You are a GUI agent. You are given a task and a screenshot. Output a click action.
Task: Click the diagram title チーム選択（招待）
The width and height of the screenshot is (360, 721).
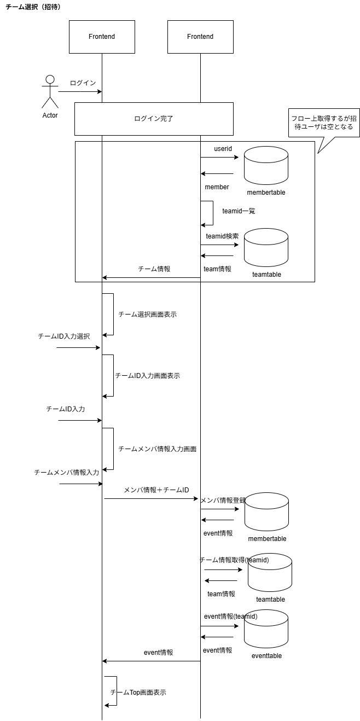(x=33, y=6)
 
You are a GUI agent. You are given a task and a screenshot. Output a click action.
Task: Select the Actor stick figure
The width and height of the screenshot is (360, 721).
(x=50, y=92)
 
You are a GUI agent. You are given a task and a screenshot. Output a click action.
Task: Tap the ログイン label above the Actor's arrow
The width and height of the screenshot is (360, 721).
(x=83, y=83)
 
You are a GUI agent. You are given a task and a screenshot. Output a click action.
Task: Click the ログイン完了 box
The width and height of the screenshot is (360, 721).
(x=154, y=118)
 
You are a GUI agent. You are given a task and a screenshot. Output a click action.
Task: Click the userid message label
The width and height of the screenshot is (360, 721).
(x=223, y=149)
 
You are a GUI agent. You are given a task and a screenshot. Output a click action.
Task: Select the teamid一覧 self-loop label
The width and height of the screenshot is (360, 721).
(x=239, y=211)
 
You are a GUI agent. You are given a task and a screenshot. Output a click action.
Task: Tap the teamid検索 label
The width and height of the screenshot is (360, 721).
(x=222, y=236)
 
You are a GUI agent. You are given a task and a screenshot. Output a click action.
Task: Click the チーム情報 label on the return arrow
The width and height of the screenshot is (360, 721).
(x=154, y=269)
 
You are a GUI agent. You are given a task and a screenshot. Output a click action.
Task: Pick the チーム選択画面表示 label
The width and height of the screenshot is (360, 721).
(x=147, y=315)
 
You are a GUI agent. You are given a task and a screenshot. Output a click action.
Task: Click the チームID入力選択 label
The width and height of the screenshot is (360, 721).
(x=63, y=336)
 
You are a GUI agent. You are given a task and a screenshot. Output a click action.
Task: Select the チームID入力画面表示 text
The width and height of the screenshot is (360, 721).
(x=147, y=376)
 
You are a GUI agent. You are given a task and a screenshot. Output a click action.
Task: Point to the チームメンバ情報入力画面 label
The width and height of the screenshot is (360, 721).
(x=157, y=449)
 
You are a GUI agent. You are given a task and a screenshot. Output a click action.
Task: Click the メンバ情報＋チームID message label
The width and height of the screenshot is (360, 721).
(x=156, y=490)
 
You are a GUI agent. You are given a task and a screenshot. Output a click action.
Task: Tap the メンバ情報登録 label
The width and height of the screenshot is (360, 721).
(x=223, y=501)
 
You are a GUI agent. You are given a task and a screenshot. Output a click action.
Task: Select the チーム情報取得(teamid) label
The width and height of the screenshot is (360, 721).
(x=234, y=560)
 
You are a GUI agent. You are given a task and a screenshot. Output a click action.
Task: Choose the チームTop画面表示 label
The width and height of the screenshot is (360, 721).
(x=138, y=692)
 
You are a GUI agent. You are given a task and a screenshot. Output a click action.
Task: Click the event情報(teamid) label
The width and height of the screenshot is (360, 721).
(x=230, y=616)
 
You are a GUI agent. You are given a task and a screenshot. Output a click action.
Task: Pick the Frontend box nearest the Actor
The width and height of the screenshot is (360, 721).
(x=102, y=37)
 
